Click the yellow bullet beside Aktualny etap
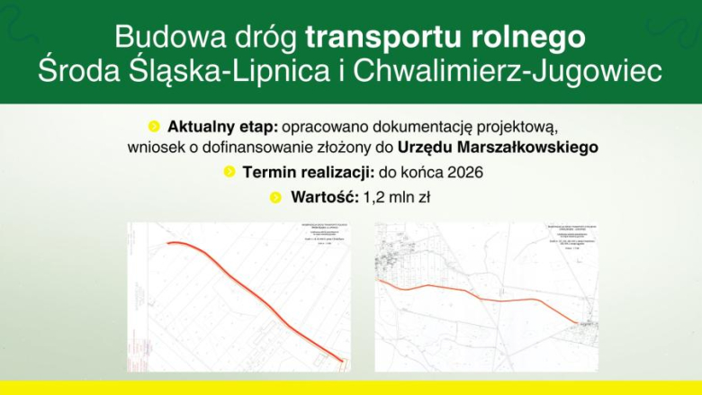click(154, 126)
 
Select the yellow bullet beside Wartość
click(276, 196)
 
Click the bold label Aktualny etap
click(214, 126)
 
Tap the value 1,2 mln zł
click(398, 196)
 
